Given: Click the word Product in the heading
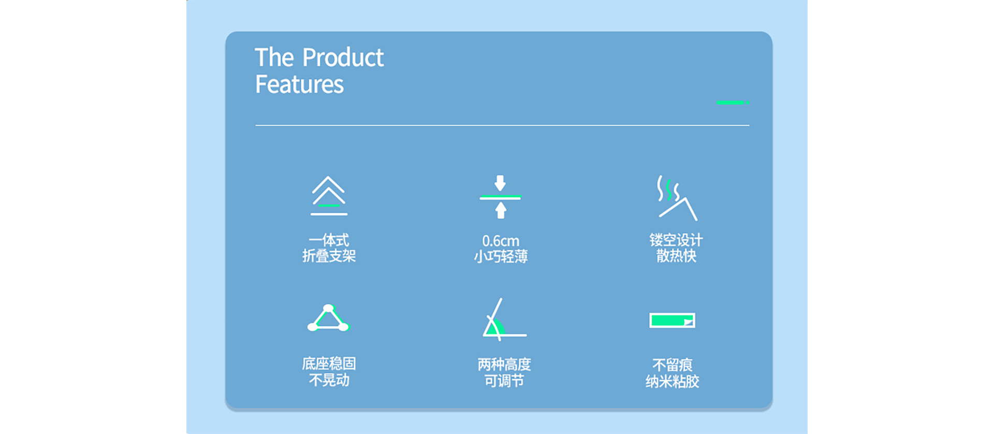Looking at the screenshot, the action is (x=343, y=57).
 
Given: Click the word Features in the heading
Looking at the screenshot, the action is (x=299, y=84).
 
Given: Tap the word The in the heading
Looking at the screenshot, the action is (x=274, y=57).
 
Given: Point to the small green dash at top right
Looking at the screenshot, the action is (x=733, y=103).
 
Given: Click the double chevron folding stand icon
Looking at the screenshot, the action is (x=329, y=196).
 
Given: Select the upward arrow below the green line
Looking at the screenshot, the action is (x=500, y=210).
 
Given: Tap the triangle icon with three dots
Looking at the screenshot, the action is (x=329, y=318).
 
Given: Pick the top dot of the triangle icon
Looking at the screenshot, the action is (x=328, y=308).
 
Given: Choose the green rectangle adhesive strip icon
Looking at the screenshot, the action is (x=672, y=321).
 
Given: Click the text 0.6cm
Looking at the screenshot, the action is (x=501, y=241).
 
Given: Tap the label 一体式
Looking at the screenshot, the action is (x=329, y=240).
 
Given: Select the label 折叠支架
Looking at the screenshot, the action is (x=329, y=256).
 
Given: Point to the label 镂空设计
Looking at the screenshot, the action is (x=676, y=240).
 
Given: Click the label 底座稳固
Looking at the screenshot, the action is (x=329, y=364).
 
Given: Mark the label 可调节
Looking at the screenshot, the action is (x=504, y=381).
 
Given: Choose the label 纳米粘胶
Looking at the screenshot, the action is (x=672, y=382).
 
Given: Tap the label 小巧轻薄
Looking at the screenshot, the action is (x=501, y=256).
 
